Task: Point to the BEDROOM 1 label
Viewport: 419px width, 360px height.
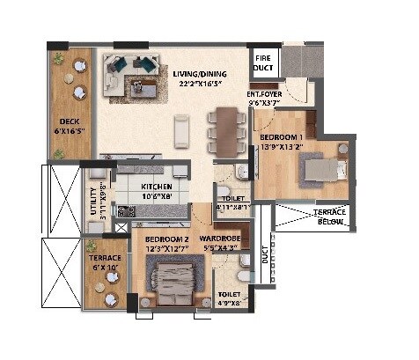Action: [x=283, y=137]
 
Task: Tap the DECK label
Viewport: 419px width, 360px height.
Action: [x=70, y=122]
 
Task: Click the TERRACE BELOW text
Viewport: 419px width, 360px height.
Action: [x=330, y=218]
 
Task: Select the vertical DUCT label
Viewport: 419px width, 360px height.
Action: [x=264, y=256]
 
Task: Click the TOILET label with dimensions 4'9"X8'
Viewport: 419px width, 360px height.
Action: [x=230, y=298]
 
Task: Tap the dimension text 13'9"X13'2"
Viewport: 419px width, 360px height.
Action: [x=283, y=147]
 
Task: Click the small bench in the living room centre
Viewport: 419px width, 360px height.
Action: [x=181, y=129]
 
